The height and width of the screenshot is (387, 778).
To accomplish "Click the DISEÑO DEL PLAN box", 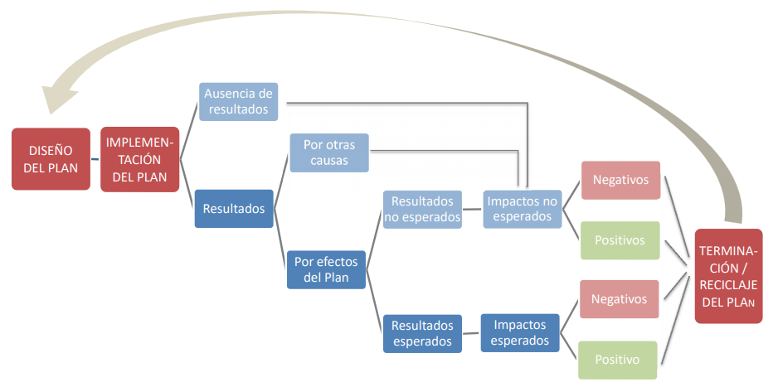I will click(51, 159).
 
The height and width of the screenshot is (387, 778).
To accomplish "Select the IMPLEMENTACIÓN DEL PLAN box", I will click(140, 159).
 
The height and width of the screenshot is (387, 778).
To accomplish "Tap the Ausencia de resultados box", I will click(239, 101).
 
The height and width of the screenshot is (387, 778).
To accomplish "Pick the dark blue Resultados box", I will click(234, 209).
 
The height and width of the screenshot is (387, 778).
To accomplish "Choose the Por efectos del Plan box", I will click(327, 268).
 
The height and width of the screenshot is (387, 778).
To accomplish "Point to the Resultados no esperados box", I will click(422, 210).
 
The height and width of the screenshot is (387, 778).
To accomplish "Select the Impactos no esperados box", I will click(522, 209).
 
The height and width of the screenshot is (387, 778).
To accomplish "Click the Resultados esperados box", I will click(422, 333).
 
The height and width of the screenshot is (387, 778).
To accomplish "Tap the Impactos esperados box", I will click(520, 332).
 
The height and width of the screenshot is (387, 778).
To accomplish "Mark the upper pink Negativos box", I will click(620, 180).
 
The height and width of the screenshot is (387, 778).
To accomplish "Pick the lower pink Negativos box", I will click(620, 298).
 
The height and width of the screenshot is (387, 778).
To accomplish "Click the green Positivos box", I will click(620, 240).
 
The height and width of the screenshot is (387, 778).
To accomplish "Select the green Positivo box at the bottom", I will click(617, 360).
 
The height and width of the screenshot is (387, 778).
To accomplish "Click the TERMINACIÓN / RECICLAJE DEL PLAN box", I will click(729, 276).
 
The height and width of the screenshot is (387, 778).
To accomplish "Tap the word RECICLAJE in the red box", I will click(729, 284).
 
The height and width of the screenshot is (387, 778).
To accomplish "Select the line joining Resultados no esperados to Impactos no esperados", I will click(473, 210).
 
